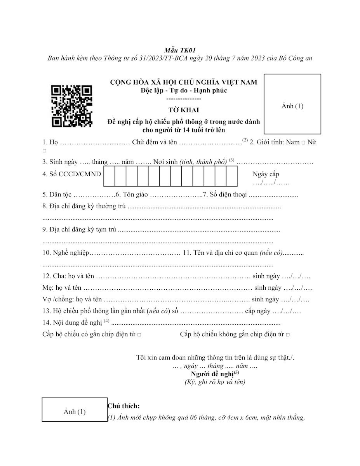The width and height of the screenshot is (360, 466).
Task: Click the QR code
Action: click(x=72, y=106)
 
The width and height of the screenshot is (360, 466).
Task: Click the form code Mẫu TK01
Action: click(x=179, y=50)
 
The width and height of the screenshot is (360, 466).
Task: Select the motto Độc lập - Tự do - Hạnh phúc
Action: click(x=184, y=90)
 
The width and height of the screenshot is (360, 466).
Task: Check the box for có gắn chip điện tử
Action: click(x=139, y=335)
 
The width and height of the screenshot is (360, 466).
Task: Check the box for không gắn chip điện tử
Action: click(x=287, y=335)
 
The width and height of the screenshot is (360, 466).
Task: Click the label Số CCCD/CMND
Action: click(x=71, y=174)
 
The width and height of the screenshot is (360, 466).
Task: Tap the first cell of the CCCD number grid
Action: click(x=109, y=176)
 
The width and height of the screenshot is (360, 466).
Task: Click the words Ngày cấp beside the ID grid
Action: click(x=266, y=174)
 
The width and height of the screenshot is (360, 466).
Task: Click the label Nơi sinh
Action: click(x=165, y=161)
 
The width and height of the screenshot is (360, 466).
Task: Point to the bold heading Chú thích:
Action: click(x=123, y=406)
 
